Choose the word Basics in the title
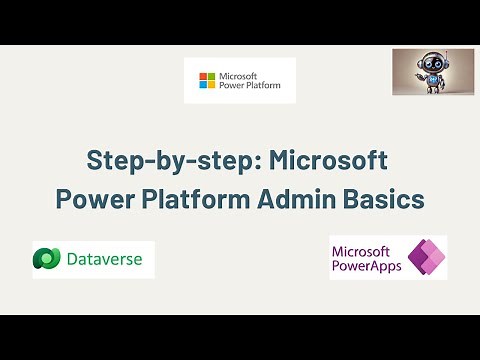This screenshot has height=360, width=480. (x=381, y=197)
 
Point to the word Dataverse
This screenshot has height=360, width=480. (x=104, y=261)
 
